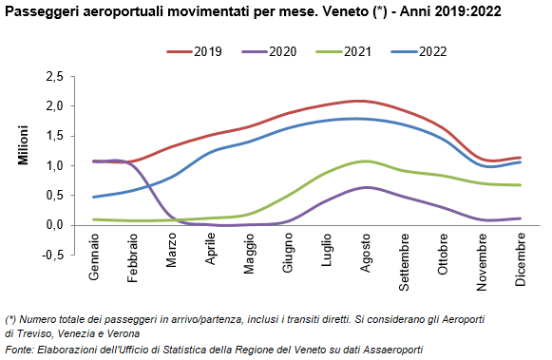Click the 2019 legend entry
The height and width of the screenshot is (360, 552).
point(195,51)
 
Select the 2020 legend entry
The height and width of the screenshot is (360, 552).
point(269,51)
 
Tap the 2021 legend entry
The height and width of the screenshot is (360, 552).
point(344,51)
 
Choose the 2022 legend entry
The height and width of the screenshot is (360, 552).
point(419,51)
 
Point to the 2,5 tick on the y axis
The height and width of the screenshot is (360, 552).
point(55,76)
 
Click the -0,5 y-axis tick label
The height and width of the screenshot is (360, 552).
point(53,255)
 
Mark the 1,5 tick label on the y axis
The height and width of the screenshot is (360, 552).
point(55,136)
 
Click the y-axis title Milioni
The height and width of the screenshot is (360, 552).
point(23,145)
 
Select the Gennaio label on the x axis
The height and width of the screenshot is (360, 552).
point(94,256)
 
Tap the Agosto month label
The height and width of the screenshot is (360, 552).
point(366,253)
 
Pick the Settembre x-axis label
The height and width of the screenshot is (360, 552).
point(404,262)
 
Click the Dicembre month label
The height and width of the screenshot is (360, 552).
point(521,259)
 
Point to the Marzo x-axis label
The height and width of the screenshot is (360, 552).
point(171,250)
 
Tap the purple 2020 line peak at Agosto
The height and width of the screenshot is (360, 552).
point(366,187)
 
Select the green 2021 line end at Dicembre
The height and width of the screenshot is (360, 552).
point(520,185)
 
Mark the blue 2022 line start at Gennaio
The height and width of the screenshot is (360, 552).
point(94,197)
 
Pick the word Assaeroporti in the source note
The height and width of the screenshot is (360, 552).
point(392,350)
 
